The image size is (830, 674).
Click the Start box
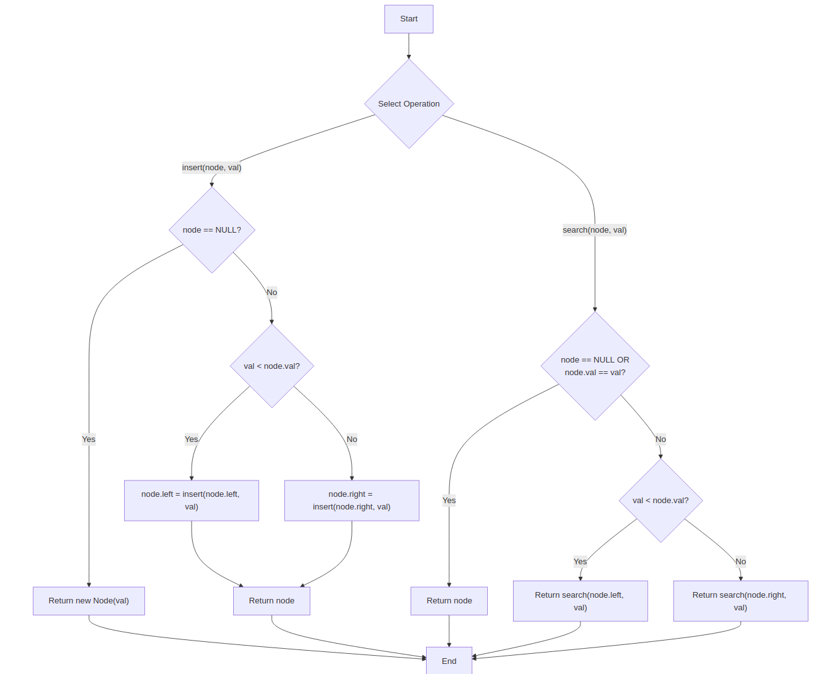click(x=408, y=19)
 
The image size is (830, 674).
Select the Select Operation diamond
click(x=408, y=104)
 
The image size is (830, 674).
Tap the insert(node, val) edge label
click(x=212, y=168)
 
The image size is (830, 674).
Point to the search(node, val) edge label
click(x=594, y=230)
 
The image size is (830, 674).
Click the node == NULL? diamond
click(x=212, y=230)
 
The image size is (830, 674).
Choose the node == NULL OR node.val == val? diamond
click(x=595, y=366)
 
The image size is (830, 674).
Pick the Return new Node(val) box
click(x=89, y=601)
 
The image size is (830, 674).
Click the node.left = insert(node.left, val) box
click(x=191, y=501)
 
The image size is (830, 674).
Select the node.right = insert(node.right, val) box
click(x=352, y=501)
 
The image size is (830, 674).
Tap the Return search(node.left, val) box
click(x=580, y=601)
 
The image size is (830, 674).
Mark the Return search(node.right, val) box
click(x=740, y=601)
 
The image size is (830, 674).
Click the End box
click(x=449, y=661)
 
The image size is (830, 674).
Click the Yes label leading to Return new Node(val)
click(x=89, y=439)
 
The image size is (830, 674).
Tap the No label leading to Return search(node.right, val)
click(x=741, y=562)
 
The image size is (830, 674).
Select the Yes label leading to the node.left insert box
click(x=191, y=439)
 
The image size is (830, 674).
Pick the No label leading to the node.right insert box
click(x=352, y=439)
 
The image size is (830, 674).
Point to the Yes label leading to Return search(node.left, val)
click(x=580, y=562)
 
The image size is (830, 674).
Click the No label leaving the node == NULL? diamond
click(x=272, y=293)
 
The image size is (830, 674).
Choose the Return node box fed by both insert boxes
click(x=272, y=601)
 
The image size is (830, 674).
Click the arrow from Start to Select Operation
click(x=408, y=46)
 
